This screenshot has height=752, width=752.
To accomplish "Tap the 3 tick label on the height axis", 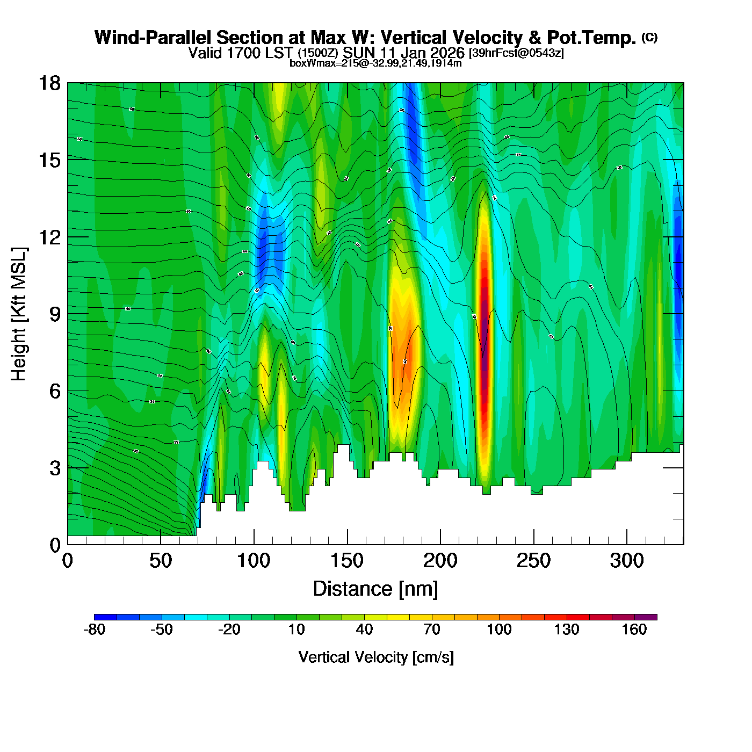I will point(54,468).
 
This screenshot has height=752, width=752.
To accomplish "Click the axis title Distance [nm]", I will point(375,589).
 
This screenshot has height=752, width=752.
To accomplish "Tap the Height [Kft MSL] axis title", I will point(19,314).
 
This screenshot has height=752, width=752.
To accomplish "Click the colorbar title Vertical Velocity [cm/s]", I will point(376,657).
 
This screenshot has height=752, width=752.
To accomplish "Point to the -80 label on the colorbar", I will point(95,630).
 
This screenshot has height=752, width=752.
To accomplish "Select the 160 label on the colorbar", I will point(634,630).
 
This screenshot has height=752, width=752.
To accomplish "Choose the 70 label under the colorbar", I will point(432,630).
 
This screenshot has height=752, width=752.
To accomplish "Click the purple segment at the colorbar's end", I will point(646,617).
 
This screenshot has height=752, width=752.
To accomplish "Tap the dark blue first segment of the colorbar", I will point(105,617).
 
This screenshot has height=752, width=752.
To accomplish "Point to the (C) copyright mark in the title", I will point(649,37).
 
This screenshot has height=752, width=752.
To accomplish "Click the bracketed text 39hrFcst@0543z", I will point(516,53).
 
